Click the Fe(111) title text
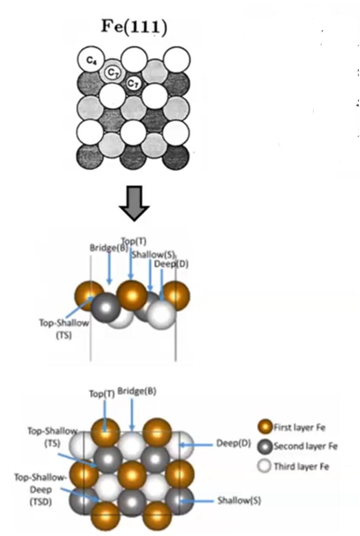coord(134,27)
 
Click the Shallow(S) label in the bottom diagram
coord(239,501)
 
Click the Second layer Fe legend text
coord(305,447)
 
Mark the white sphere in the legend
coord(265,466)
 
